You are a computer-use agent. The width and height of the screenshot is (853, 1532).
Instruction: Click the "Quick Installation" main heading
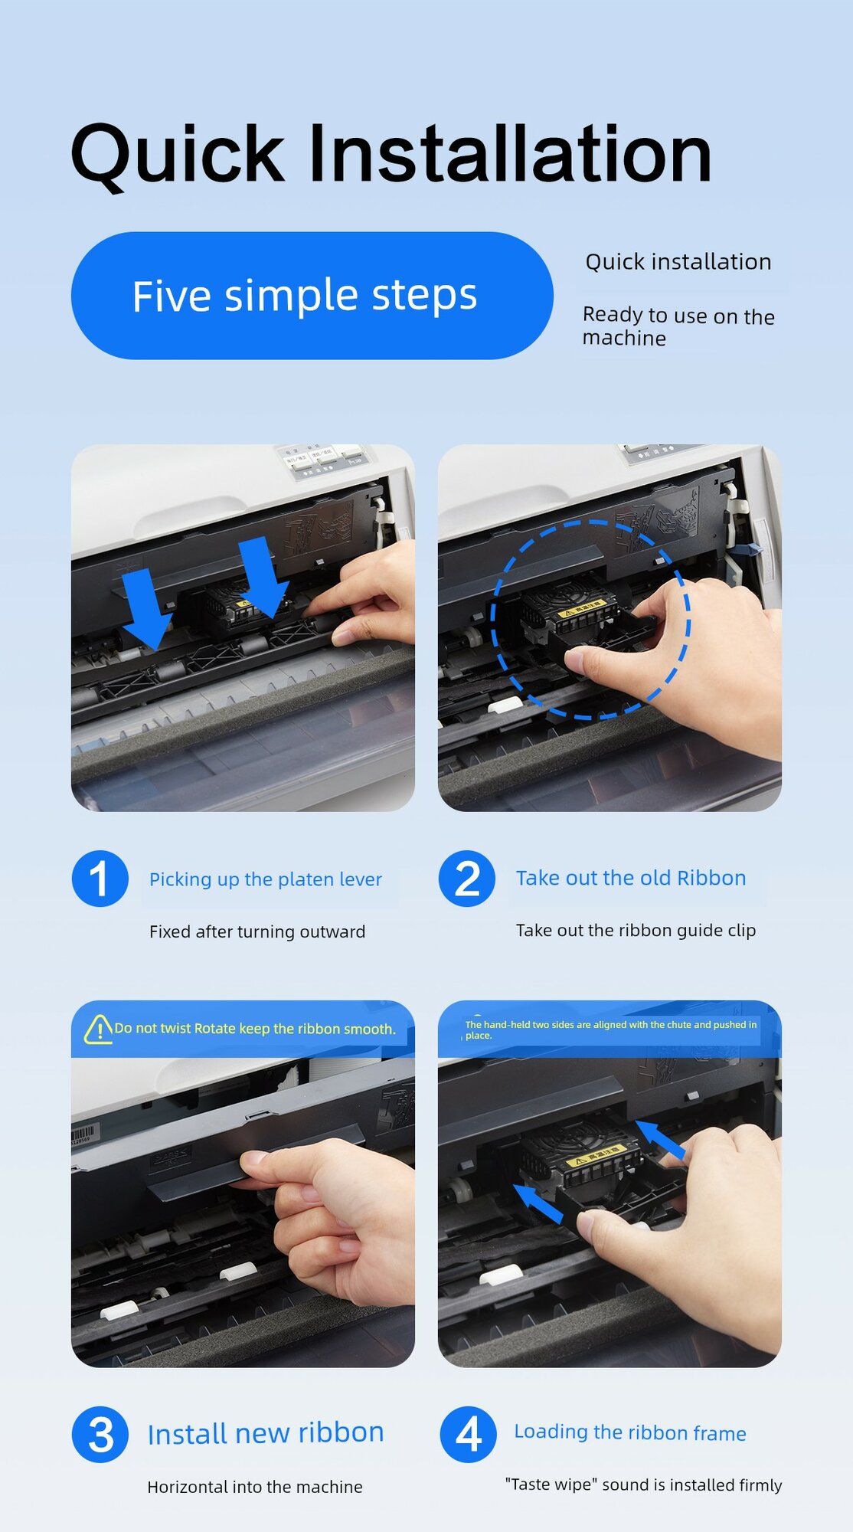pyautogui.click(x=391, y=155)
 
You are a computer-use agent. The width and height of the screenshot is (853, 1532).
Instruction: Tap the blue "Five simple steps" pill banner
pyautogui.click(x=312, y=296)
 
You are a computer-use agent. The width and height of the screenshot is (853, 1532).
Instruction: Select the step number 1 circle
pyautogui.click(x=100, y=879)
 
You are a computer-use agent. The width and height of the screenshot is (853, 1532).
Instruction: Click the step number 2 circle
pyautogui.click(x=467, y=879)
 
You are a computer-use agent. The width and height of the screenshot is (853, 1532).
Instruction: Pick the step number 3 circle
pyautogui.click(x=100, y=1435)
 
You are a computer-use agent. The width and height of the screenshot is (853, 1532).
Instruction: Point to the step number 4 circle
pyautogui.click(x=468, y=1435)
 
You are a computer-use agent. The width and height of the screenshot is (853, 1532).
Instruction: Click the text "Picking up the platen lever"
pyautogui.click(x=265, y=879)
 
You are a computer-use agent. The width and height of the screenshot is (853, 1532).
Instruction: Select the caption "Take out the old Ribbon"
pyautogui.click(x=631, y=878)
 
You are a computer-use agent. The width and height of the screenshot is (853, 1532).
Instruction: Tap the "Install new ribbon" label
pyautogui.click(x=266, y=1433)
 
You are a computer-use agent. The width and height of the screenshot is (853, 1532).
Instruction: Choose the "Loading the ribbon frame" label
pyautogui.click(x=630, y=1432)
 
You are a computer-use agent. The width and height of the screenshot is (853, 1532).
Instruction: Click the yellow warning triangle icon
pyautogui.click(x=98, y=1029)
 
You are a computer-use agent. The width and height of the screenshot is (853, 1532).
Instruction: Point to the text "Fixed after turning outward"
pyautogui.click(x=257, y=931)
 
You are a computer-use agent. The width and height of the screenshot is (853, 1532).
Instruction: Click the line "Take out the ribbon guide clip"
pyautogui.click(x=636, y=930)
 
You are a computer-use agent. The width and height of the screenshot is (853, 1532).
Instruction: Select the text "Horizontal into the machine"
pyautogui.click(x=255, y=1487)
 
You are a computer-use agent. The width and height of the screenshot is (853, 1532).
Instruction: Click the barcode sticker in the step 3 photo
pyautogui.click(x=84, y=1134)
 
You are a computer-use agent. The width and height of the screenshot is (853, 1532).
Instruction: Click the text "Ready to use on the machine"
pyautogui.click(x=678, y=327)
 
